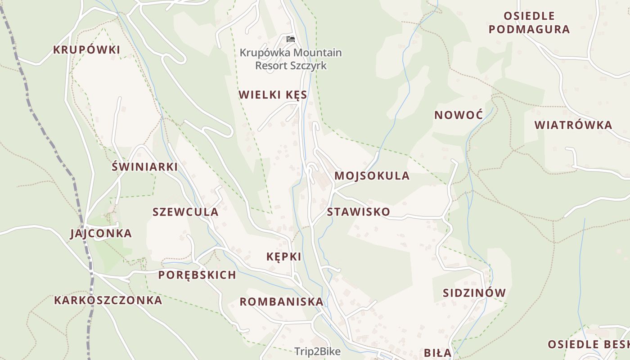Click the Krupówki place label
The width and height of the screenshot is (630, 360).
tap(87, 49)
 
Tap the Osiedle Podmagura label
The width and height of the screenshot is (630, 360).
tap(529, 23)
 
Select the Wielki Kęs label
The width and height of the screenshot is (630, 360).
tap(273, 94)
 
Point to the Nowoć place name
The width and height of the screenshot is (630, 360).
tap(458, 115)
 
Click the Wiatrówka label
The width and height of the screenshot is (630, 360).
tap(573, 125)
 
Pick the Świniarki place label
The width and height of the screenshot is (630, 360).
tap(144, 166)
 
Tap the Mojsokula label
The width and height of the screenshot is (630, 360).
tap(372, 175)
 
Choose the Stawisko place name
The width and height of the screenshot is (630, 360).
tap(358, 211)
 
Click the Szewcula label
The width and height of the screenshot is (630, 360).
tap(185, 212)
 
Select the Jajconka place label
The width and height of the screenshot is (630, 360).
tap(101, 233)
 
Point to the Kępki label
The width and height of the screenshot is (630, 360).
tap(283, 256)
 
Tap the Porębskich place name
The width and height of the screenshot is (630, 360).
tap(197, 274)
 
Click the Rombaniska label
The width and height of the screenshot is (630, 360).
tap(281, 301)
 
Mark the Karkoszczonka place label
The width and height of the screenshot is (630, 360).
tap(108, 300)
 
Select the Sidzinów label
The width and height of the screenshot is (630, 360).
tap(474, 292)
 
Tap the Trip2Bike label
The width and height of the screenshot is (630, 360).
tap(317, 351)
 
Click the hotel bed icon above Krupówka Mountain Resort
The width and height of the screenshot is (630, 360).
tap(291, 39)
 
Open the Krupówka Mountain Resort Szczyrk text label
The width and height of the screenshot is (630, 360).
tap(291, 59)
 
